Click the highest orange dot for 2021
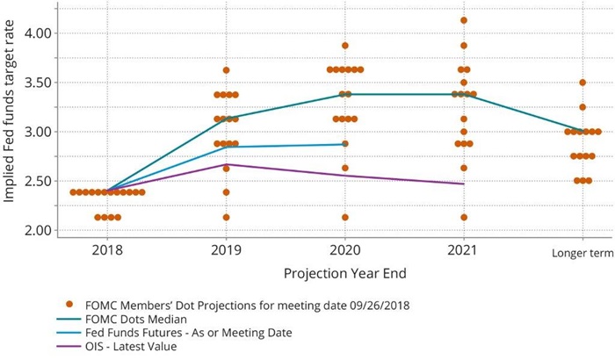(x=463, y=20)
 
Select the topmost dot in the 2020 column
(x=345, y=45)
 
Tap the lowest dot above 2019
(x=226, y=217)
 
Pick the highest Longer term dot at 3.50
(x=582, y=83)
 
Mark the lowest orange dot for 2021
(x=463, y=217)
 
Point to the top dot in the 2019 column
(x=226, y=69)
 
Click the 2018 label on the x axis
(x=107, y=250)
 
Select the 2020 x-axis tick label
(x=345, y=250)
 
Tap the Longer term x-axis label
(x=582, y=252)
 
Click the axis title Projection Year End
(x=344, y=272)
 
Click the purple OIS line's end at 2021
(x=463, y=184)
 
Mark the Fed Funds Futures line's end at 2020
(x=345, y=144)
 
